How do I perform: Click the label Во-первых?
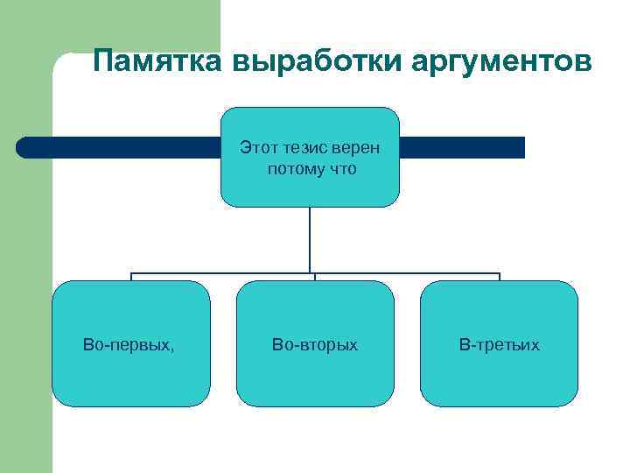[128, 344]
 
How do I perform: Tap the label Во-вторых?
[315, 344]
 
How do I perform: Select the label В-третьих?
[499, 344]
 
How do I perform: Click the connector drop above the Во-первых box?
[131, 277]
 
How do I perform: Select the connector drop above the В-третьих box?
[500, 277]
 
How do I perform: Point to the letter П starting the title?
[103, 62]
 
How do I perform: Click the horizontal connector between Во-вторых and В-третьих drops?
[407, 273]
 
